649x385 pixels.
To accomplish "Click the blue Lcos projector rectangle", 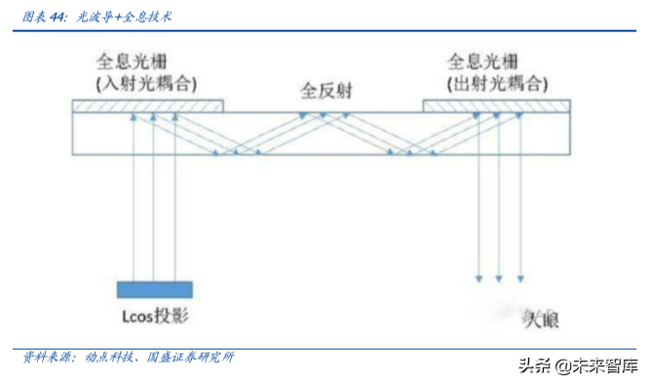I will point(154,289).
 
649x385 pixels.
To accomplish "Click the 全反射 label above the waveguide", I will point(325,93).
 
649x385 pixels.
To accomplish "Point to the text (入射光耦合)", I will point(145,81).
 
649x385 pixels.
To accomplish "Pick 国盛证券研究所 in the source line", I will point(190,358).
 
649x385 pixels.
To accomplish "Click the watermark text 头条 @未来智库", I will point(579,366).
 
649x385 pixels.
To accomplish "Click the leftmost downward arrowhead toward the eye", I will point(478,279).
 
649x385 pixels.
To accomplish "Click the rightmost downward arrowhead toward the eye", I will point(522,279).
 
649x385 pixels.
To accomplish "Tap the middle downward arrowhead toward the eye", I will point(500,279).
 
